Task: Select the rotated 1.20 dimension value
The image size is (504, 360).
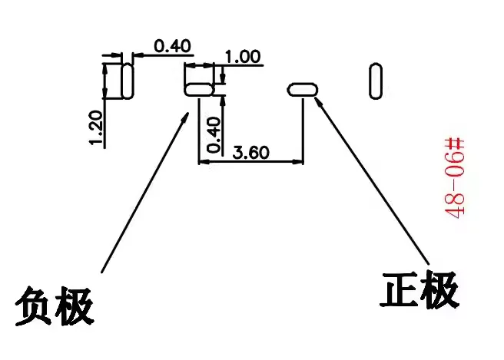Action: coord(96,128)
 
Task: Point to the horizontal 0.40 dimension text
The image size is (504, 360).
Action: coord(172,46)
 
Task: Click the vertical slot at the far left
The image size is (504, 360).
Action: coord(128,81)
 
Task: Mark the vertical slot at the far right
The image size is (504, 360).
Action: coord(376,81)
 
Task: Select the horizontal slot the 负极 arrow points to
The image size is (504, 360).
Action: coord(199,90)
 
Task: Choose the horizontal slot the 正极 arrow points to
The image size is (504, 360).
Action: coord(302,89)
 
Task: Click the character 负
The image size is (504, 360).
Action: coord(35,306)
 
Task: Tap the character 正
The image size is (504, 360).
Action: coord(401,289)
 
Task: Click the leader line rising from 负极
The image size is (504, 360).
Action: coord(146,192)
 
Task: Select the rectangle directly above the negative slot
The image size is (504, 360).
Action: coord(200,74)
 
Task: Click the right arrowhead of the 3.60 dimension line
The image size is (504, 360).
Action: coord(300,161)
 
